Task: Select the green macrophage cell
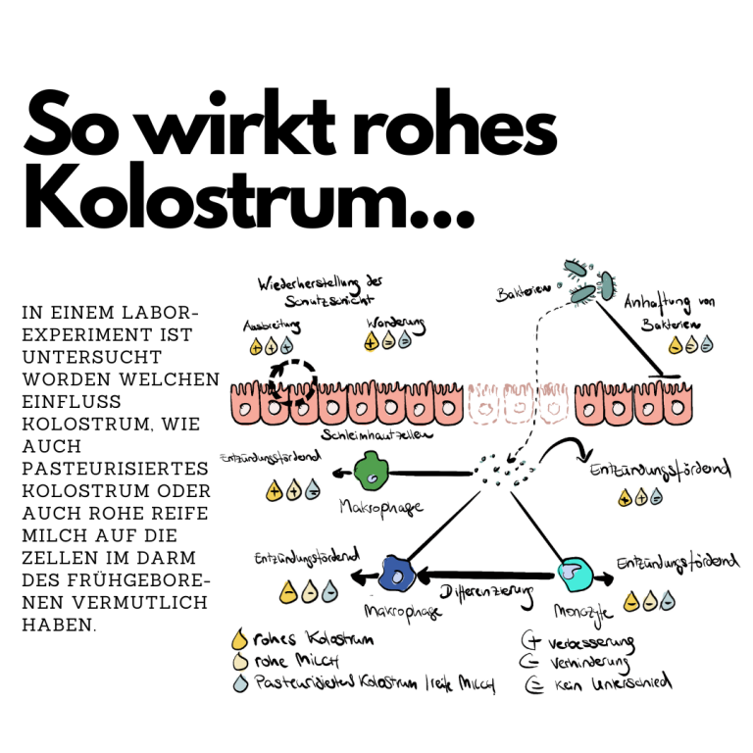pyautogui.click(x=369, y=470)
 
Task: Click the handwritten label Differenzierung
pyautogui.click(x=485, y=594)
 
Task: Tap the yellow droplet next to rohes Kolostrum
pyautogui.click(x=235, y=640)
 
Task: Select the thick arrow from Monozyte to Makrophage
pyautogui.click(x=485, y=576)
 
